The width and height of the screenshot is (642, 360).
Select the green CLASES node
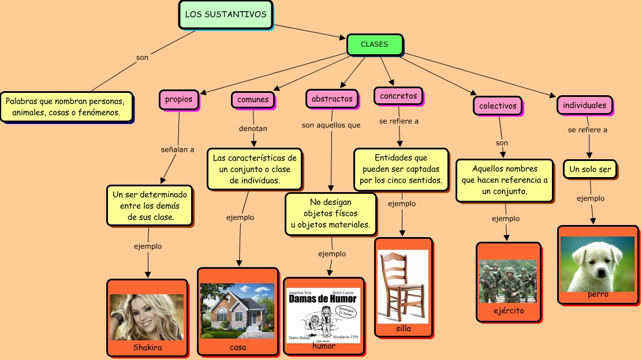click(x=374, y=44)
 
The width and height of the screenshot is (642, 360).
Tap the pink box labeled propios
click(x=178, y=99)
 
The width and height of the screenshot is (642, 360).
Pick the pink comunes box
click(x=253, y=99)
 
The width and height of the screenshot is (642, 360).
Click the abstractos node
click(x=331, y=99)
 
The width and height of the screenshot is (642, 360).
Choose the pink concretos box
click(x=398, y=96)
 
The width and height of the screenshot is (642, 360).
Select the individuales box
click(x=584, y=105)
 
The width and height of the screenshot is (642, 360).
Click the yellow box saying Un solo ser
click(x=590, y=170)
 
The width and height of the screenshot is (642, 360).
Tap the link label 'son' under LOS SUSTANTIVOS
click(x=142, y=58)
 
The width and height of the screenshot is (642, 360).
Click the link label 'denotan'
click(x=253, y=129)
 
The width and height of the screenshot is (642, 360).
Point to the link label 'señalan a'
click(x=177, y=149)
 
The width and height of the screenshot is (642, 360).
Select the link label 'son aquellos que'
click(x=331, y=125)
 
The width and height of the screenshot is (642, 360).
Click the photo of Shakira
click(x=147, y=317)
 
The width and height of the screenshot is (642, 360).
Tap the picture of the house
click(x=237, y=310)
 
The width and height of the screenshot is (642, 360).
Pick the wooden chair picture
click(x=403, y=286)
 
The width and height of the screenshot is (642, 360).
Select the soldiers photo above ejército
click(x=508, y=281)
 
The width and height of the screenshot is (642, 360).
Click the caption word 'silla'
click(x=404, y=329)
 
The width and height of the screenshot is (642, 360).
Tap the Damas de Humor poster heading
click(x=323, y=299)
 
